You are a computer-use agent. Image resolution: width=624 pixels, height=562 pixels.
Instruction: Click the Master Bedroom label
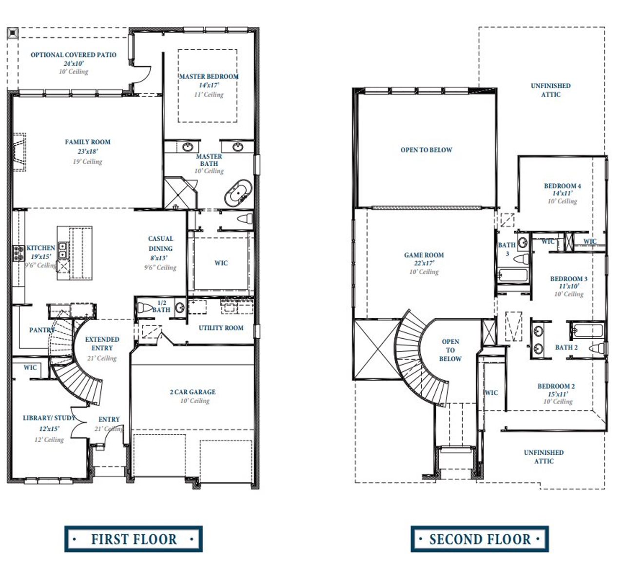[x=209, y=77]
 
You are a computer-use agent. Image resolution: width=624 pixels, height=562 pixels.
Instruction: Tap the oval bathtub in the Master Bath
[x=238, y=194]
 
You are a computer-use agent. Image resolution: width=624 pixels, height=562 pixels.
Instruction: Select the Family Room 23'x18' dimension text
[x=88, y=152]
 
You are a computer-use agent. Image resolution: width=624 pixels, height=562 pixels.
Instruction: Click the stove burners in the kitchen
[x=19, y=252]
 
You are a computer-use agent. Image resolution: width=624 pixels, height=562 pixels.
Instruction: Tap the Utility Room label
[x=221, y=328]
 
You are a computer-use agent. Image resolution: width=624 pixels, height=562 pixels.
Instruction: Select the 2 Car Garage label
[x=193, y=392]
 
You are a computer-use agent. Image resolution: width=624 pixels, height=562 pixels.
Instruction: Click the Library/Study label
[x=49, y=418]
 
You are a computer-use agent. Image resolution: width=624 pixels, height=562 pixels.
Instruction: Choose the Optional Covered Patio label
[x=74, y=55]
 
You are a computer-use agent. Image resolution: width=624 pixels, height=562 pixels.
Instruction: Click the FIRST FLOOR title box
[x=134, y=539]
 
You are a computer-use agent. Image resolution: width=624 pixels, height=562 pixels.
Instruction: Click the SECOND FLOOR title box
[x=480, y=539]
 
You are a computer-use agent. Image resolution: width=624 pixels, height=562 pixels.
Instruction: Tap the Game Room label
[x=424, y=255]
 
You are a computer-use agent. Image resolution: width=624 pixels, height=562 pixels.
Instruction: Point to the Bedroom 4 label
[x=562, y=186]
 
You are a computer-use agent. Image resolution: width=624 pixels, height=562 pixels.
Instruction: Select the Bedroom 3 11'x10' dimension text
[x=569, y=287]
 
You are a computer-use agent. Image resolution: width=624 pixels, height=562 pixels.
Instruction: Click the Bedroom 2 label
[x=556, y=386]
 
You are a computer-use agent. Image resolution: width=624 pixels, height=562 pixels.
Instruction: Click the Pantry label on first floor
[x=41, y=330]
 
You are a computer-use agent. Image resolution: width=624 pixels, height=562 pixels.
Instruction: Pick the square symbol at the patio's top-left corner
[x=13, y=33]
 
